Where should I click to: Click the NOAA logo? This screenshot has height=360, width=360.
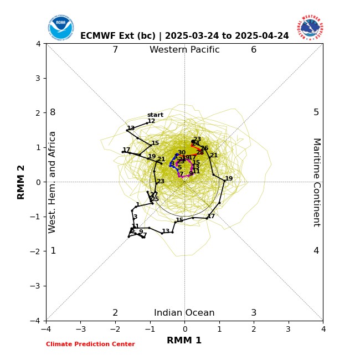(x=60, y=27)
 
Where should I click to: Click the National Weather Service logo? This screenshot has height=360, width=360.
(x=310, y=27)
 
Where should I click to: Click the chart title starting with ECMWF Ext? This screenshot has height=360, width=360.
(x=184, y=36)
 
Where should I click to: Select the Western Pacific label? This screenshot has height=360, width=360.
(x=184, y=50)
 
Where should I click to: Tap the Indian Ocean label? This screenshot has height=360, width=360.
(x=184, y=313)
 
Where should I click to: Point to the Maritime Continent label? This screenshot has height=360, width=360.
(x=316, y=182)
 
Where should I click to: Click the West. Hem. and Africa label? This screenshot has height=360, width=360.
(x=53, y=182)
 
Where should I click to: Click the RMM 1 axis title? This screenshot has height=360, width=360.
(x=184, y=341)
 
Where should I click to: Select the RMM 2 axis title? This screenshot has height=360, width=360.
(x=22, y=182)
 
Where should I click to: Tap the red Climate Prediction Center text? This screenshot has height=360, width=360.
(x=90, y=344)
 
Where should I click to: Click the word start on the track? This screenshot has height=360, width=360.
(x=155, y=115)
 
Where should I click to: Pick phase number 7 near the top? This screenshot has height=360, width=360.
(x=115, y=50)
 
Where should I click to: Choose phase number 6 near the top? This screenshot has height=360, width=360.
(x=254, y=50)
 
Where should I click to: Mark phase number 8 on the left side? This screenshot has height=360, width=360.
(x=53, y=112)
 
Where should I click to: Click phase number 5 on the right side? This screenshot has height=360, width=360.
(x=316, y=112)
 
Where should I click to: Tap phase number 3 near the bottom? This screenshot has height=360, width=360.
(x=254, y=313)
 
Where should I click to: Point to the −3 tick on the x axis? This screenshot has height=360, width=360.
(x=80, y=329)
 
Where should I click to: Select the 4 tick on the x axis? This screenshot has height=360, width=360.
(x=323, y=329)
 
